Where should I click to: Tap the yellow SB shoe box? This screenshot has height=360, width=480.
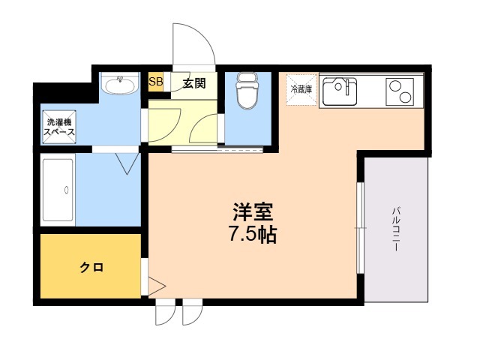156,82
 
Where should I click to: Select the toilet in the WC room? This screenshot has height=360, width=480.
245,93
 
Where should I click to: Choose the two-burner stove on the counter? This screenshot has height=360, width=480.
400,92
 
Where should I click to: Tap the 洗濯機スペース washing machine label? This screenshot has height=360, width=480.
58,127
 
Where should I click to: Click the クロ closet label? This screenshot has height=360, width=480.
91,267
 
